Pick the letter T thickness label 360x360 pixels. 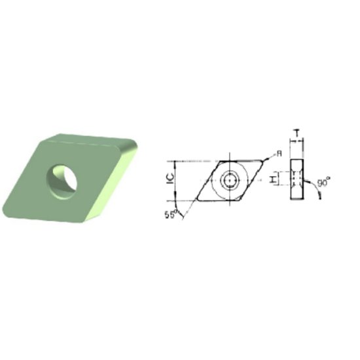(x=297, y=134)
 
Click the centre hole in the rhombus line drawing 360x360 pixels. (x=229, y=179)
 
